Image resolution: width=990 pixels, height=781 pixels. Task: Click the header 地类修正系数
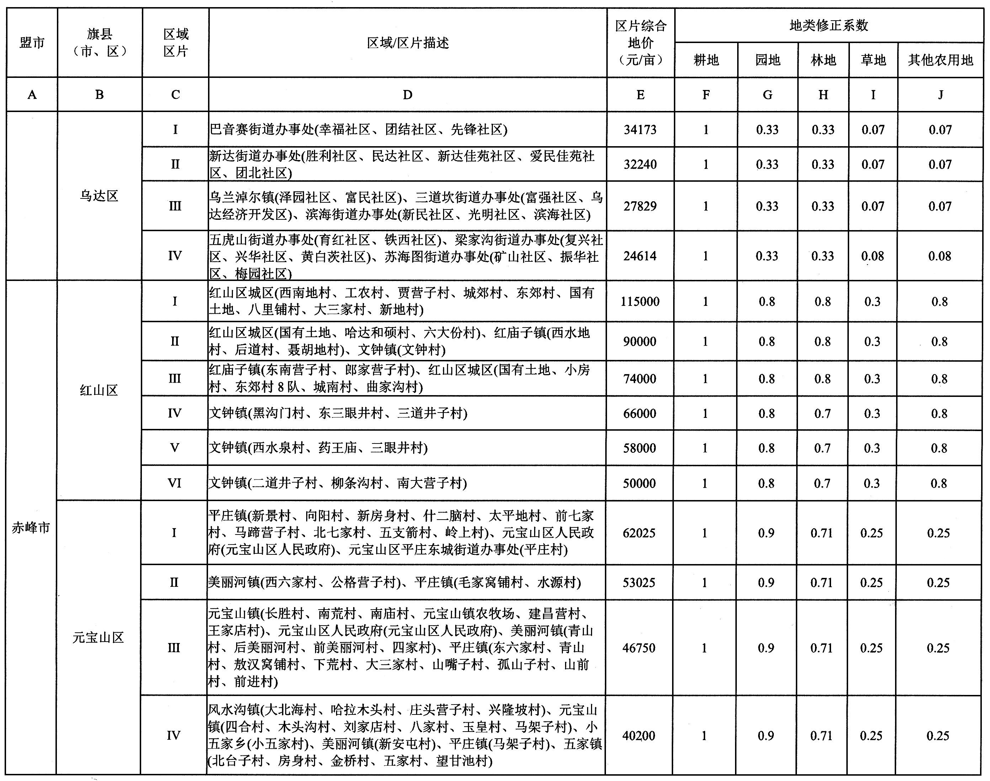[829, 26]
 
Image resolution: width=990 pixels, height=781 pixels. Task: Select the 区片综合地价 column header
[640, 43]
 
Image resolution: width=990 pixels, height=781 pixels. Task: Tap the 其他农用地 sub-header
[940, 60]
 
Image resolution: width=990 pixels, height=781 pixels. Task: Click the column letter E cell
[640, 95]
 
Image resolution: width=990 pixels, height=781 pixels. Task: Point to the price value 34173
[640, 130]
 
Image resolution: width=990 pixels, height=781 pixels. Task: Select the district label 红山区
[99, 390]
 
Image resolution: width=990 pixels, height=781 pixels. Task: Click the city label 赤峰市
[31, 528]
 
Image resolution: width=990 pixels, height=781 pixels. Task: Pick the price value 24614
[640, 256]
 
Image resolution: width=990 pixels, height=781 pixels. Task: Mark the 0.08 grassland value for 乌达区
[873, 256]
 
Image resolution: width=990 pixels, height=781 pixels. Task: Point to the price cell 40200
[639, 736]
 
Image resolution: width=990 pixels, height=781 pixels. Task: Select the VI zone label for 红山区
[175, 483]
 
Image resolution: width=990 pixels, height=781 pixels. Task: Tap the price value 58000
[639, 448]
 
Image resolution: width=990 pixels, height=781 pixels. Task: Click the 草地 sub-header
[873, 60]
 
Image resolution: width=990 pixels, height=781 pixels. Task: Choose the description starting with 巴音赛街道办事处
[358, 130]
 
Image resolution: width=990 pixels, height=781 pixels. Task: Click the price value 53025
[639, 583]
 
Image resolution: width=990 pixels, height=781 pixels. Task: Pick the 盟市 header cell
[32, 43]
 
